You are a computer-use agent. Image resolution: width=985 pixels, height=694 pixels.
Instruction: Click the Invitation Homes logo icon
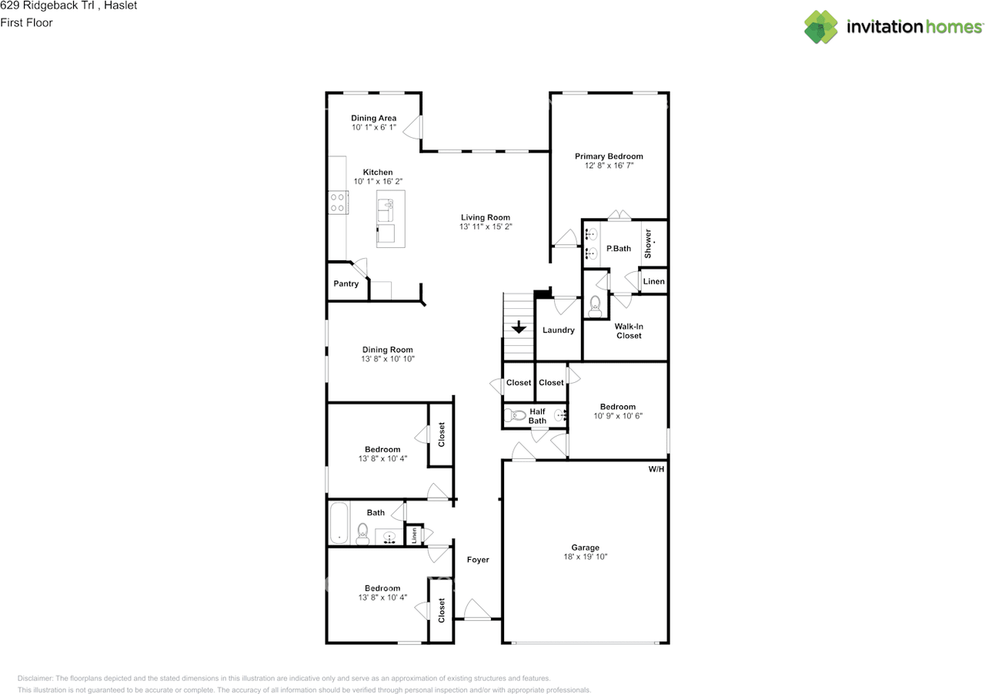[820, 27]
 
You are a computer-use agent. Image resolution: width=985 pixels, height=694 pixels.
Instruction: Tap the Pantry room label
[346, 284]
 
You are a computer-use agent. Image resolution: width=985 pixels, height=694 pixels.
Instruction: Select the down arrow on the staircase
[519, 327]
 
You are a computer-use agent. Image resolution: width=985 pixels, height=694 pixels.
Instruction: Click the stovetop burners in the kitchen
[338, 203]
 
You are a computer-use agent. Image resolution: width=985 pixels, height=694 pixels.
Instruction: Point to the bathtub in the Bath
[339, 523]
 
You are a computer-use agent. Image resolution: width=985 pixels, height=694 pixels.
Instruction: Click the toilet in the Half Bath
[515, 415]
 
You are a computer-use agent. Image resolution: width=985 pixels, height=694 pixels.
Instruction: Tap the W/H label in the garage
[656, 469]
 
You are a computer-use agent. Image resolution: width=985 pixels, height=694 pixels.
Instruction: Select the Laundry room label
[559, 330]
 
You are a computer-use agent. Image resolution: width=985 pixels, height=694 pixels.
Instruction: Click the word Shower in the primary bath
[648, 244]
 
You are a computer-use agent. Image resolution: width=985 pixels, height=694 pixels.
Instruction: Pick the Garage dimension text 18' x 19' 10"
[586, 557]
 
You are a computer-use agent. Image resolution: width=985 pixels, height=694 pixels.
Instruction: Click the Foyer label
[478, 560]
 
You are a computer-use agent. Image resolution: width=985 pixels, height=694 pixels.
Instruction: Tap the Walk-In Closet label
[629, 331]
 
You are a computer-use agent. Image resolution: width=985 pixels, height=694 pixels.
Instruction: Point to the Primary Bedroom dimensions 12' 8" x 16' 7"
[609, 166]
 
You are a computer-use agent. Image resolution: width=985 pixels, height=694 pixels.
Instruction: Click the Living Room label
[486, 217]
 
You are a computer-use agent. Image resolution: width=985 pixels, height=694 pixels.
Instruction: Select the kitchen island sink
[386, 210]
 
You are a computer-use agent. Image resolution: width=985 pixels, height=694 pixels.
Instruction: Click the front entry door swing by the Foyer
[477, 609]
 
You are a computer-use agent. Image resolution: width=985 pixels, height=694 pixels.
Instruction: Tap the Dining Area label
[374, 118]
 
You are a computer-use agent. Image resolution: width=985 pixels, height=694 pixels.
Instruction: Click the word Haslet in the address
[121, 5]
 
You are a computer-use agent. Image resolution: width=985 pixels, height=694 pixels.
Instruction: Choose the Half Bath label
[537, 416]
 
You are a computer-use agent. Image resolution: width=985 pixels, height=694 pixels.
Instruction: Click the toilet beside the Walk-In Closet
[595, 307]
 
